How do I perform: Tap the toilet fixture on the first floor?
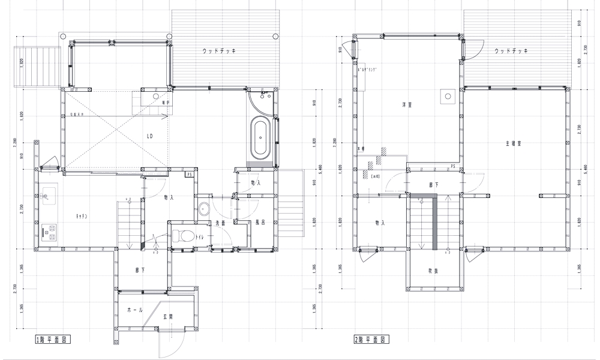click(182, 236)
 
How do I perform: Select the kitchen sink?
click(47, 195)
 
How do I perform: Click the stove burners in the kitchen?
click(47, 230)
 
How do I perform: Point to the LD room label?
click(149, 136)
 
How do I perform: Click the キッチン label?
click(82, 215)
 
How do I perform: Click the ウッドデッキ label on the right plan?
click(511, 52)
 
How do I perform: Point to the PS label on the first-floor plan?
click(189, 175)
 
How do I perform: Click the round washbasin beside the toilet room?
click(203, 208)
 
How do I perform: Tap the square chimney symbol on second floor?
click(446, 95)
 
